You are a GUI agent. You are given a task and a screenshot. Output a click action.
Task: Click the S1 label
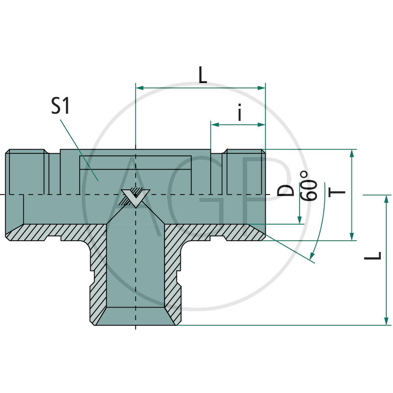(60, 106)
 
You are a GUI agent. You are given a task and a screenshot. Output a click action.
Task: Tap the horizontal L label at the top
(203, 75)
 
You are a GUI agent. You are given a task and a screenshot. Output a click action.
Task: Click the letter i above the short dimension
(240, 112)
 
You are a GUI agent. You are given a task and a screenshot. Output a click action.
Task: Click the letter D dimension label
(285, 191)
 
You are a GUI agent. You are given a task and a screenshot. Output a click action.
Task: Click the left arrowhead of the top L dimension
(140, 88)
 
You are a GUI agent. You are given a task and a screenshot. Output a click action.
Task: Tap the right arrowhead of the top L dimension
(261, 88)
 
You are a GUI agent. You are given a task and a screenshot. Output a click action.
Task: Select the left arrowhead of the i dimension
(215, 125)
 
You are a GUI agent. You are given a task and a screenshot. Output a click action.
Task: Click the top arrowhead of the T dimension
(352, 153)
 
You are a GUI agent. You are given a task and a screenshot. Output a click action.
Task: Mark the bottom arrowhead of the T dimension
(352, 236)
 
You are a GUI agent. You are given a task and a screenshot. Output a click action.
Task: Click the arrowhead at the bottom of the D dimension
(300, 220)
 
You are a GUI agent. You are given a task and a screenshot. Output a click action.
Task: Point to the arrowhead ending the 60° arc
(311, 255)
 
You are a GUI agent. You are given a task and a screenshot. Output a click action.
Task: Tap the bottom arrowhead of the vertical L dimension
(386, 321)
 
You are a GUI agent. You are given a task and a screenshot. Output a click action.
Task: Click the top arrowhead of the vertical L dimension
(386, 199)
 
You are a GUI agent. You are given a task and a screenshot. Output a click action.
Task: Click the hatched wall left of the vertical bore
(98, 271)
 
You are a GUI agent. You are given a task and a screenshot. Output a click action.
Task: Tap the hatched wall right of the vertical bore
(172, 271)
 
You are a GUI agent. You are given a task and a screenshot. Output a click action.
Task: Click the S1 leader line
(79, 150)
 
